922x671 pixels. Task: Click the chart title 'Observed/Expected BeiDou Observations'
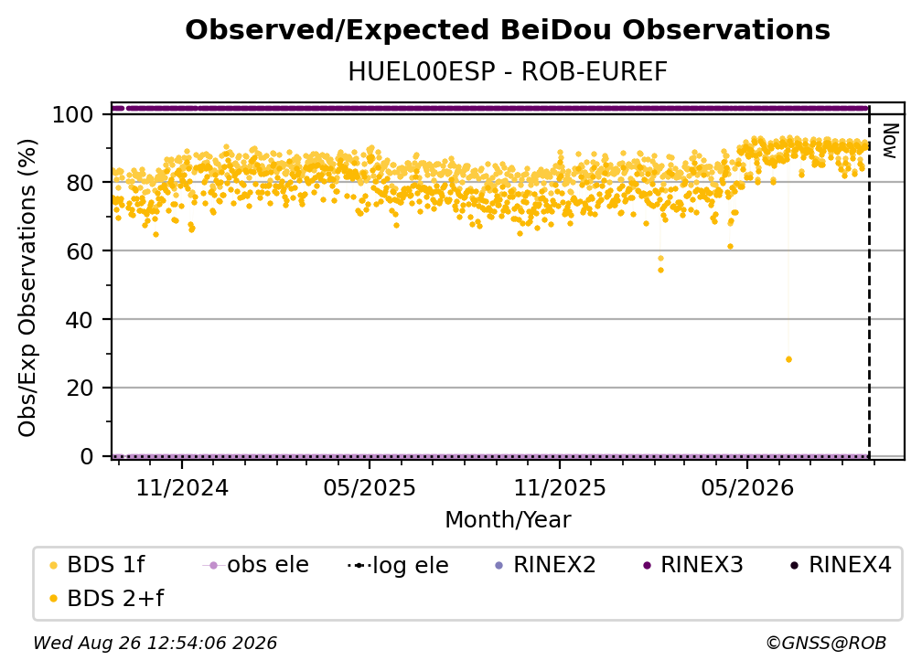pos(508,30)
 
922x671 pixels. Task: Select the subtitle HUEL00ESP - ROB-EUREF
pos(508,72)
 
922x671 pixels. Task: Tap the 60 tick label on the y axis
pos(80,250)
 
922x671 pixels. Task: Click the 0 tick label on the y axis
pos(87,456)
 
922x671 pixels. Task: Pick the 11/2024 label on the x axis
pos(182,488)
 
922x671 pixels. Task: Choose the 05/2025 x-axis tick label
pos(370,488)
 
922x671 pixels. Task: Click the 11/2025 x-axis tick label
pos(560,488)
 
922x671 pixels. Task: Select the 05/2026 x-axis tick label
pos(747,488)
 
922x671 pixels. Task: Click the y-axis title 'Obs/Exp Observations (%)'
pos(27,288)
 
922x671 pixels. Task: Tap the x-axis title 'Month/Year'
pos(508,520)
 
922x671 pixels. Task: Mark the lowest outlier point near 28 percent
pos(788,359)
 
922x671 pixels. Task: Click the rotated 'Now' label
pos(891,141)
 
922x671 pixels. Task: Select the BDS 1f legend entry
pos(98,565)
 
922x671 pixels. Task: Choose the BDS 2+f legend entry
pos(107,598)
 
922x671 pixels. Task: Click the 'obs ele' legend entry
pos(256,565)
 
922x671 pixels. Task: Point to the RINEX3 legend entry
pos(694,565)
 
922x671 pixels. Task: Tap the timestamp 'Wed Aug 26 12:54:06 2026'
pos(155,643)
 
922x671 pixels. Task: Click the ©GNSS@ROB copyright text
pos(826,643)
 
